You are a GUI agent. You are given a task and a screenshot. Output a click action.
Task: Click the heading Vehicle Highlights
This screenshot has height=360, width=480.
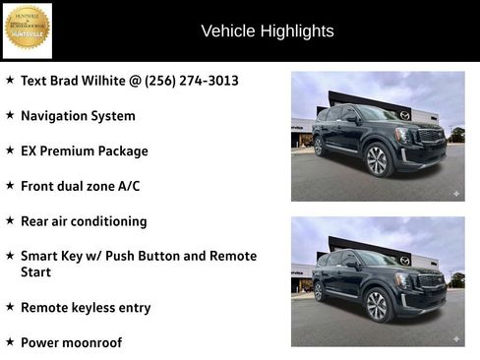[x=267, y=31]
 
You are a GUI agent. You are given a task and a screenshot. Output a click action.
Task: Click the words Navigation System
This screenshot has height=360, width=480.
[x=78, y=116]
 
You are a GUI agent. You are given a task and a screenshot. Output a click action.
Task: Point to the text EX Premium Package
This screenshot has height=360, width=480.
[x=84, y=151]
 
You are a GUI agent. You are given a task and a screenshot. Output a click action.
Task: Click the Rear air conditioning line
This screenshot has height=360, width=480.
[x=83, y=221]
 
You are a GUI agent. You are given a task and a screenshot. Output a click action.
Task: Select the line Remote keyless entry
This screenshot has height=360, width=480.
[x=85, y=308]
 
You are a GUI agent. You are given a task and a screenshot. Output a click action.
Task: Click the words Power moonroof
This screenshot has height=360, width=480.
[x=71, y=342]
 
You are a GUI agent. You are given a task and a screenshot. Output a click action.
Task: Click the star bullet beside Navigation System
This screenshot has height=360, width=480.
[x=10, y=116]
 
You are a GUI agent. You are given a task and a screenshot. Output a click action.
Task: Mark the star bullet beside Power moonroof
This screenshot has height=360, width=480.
[x=10, y=342]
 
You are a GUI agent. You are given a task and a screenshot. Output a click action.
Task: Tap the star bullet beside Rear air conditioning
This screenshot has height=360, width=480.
[x=10, y=221]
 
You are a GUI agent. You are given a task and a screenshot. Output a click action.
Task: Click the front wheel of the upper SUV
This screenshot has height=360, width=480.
[x=377, y=160]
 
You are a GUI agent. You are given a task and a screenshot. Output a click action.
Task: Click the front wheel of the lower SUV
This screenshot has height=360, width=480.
[x=377, y=306]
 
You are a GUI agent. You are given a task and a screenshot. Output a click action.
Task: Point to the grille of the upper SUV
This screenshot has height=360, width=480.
[x=431, y=137]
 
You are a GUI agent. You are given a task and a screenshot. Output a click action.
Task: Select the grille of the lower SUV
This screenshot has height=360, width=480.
[x=431, y=282]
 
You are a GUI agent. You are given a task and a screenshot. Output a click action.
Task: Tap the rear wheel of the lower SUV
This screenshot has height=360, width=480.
[x=318, y=292]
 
